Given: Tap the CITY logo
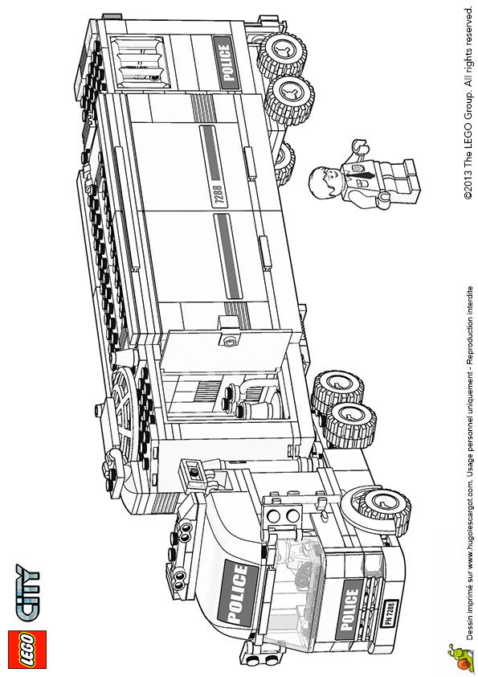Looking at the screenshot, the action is pos(27,593).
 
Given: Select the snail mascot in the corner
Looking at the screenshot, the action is pos(459,656).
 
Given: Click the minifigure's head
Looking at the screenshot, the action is pos(325,183).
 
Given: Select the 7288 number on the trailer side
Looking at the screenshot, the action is pos(219,195).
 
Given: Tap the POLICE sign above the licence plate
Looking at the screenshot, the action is pos(351,609).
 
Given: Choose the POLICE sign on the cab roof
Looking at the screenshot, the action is pos(238,593).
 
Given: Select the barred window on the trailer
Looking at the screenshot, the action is pos(139,62).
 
